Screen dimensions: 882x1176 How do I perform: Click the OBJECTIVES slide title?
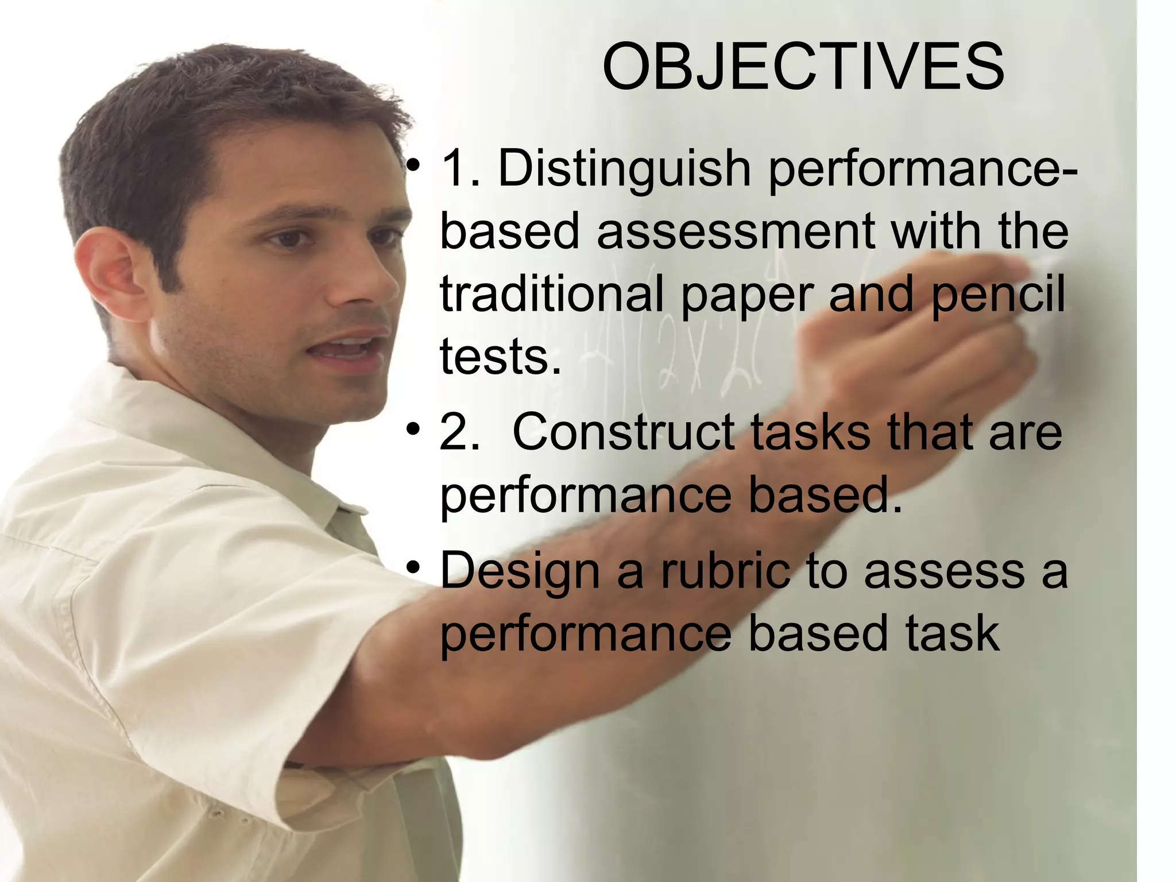click(x=803, y=67)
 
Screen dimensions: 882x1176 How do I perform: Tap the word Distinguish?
click(x=624, y=169)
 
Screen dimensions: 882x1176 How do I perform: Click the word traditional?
click(x=551, y=293)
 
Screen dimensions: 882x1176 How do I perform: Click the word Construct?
click(x=623, y=432)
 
